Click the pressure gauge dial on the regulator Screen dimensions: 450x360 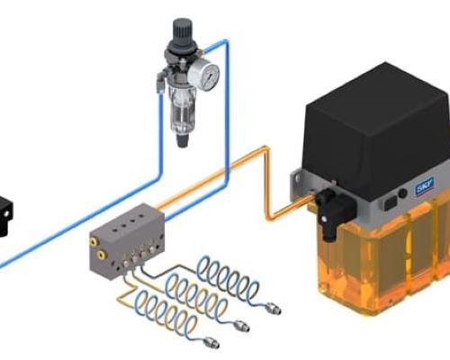pyautogui.click(x=207, y=73)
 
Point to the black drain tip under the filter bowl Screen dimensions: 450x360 pyautogui.click(x=182, y=140)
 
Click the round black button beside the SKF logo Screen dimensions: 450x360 pyautogui.click(x=402, y=193)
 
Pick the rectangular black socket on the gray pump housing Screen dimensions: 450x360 pyautogui.click(x=390, y=203)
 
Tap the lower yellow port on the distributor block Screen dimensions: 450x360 pyautogui.click(x=101, y=256)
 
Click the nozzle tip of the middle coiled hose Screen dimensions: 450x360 pyautogui.click(x=242, y=326)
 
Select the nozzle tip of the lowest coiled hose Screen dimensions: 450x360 pyautogui.click(x=211, y=343)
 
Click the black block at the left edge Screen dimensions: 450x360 pyautogui.click(x=5, y=216)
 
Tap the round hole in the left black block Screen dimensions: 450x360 pyautogui.click(x=6, y=213)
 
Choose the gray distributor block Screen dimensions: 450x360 pyautogui.click(x=127, y=239)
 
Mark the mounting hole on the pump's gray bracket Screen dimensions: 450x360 pyautogui.click(x=297, y=179)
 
